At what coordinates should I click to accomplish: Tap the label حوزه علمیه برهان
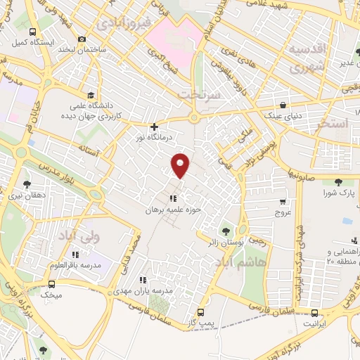(173, 210)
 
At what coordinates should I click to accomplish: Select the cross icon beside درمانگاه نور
(154, 127)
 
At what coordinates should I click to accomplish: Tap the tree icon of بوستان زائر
(225, 231)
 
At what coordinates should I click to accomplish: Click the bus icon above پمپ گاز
(201, 312)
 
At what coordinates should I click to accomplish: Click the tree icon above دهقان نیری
(27, 184)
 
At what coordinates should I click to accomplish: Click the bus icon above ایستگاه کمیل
(32, 32)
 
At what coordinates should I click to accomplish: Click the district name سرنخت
(199, 94)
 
